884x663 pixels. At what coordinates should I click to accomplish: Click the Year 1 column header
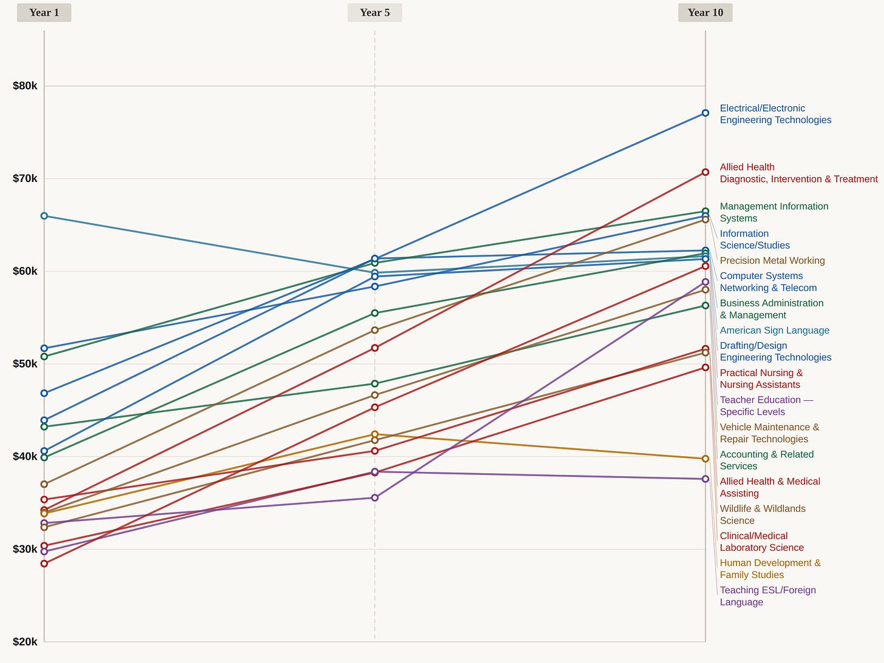coord(44,13)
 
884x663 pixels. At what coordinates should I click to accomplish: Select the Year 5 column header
coord(375,13)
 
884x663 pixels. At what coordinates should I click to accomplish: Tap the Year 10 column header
coord(705,13)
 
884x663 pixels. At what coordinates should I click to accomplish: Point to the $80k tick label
coord(25,86)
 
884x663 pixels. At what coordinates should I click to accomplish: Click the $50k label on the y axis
coord(25,364)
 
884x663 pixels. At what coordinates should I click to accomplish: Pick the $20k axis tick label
coord(25,642)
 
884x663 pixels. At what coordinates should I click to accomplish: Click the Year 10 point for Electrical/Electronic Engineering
coord(705,113)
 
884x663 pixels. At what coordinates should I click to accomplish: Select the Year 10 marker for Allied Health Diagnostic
coord(705,172)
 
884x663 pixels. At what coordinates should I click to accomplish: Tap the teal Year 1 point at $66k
coord(44,216)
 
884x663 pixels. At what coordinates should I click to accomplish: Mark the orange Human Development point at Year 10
coord(705,459)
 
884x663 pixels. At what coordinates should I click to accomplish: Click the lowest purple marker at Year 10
coord(705,479)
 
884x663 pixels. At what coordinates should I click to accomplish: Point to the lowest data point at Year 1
coord(44,564)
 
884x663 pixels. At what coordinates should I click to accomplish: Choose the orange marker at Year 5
coord(375,434)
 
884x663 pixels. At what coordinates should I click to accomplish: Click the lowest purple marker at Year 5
coord(375,497)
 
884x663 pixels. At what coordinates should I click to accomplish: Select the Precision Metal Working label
coord(772,261)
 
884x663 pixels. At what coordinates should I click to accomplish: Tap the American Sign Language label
coord(774,331)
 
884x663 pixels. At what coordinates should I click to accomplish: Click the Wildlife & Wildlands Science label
coord(763,514)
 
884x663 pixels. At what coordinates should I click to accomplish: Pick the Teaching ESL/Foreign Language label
coord(767,596)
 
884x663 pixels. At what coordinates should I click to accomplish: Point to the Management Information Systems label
coord(773,212)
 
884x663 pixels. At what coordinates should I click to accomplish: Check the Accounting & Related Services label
coord(766,460)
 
